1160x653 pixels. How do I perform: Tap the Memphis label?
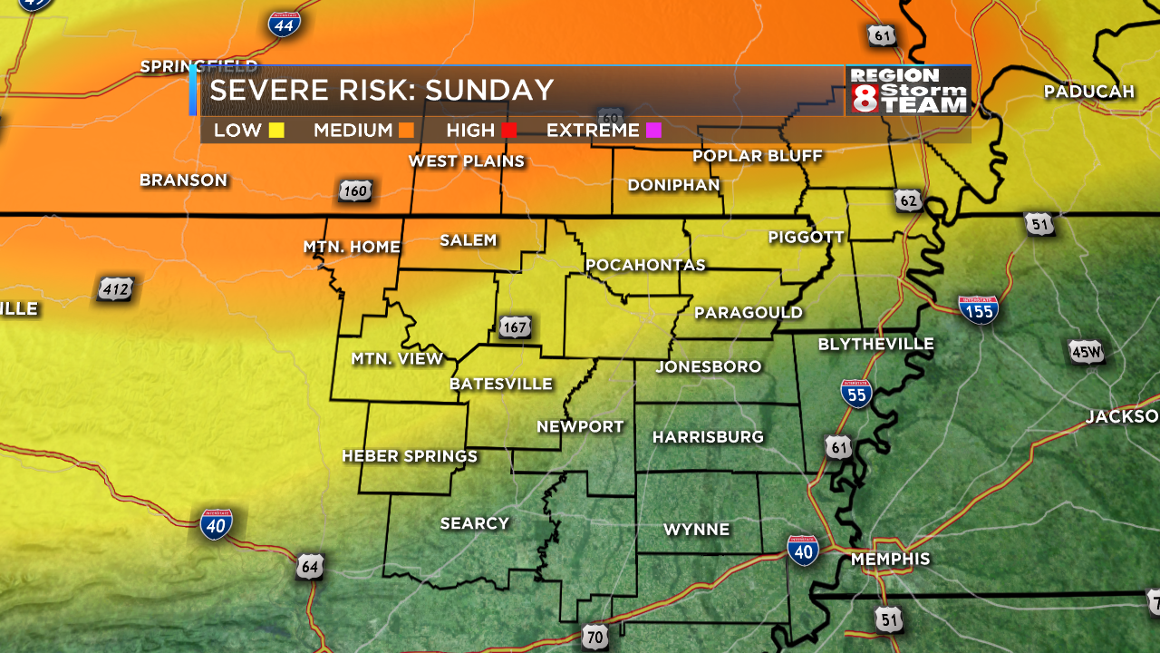click(890, 560)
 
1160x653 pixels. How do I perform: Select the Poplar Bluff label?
click(757, 156)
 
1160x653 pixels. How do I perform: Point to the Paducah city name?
click(1089, 92)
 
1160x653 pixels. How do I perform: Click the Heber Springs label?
click(410, 456)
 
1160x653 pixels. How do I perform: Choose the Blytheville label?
click(875, 345)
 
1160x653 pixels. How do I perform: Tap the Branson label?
click(183, 180)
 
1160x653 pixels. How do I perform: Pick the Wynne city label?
click(696, 530)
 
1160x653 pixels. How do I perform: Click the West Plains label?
click(466, 161)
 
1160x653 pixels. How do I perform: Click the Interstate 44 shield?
click(285, 24)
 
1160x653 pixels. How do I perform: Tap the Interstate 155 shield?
click(979, 309)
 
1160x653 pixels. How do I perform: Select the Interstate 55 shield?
click(856, 393)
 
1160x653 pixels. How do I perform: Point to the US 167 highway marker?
click(515, 327)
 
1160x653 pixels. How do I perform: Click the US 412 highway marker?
click(116, 290)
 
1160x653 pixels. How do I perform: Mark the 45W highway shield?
click(1086, 352)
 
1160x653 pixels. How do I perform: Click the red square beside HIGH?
click(509, 131)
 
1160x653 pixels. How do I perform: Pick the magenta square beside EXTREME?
click(653, 131)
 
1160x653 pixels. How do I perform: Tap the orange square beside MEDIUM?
click(406, 131)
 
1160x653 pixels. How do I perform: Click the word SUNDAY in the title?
click(489, 91)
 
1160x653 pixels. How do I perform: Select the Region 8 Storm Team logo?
click(908, 91)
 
